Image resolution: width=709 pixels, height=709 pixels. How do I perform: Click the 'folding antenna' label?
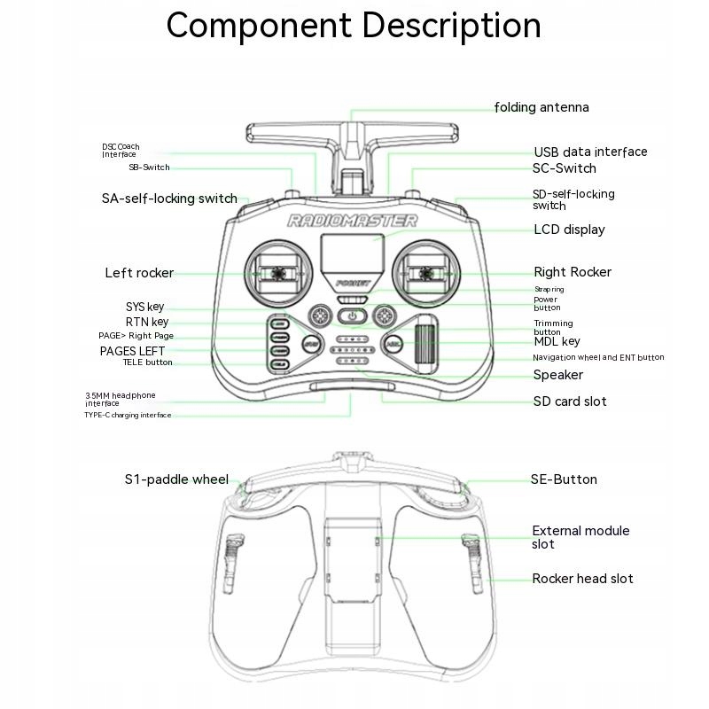[541, 107]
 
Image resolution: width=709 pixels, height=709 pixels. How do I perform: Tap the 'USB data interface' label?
[590, 152]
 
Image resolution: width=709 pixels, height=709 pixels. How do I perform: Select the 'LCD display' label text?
[569, 230]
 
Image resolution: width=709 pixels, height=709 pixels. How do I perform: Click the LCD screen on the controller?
[352, 256]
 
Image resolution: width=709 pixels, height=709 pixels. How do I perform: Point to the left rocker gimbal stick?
[277, 273]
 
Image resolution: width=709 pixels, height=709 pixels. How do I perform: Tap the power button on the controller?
[353, 316]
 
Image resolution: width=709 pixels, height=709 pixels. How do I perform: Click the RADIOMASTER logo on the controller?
[352, 221]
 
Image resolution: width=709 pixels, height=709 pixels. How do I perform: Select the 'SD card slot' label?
[570, 401]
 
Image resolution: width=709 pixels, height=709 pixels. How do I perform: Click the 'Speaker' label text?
[558, 375]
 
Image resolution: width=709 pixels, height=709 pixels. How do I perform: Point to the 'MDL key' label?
[557, 341]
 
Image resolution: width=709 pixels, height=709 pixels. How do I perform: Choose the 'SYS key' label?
[144, 307]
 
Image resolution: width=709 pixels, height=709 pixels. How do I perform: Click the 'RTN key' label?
[146, 322]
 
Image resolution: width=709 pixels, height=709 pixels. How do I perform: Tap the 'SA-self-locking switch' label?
[169, 199]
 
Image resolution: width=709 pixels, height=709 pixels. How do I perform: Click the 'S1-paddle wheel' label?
[176, 479]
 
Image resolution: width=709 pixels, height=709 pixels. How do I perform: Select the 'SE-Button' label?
[564, 479]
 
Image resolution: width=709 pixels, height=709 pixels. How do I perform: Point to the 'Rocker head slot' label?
[582, 579]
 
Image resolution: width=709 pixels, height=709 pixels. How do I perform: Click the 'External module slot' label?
[580, 537]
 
